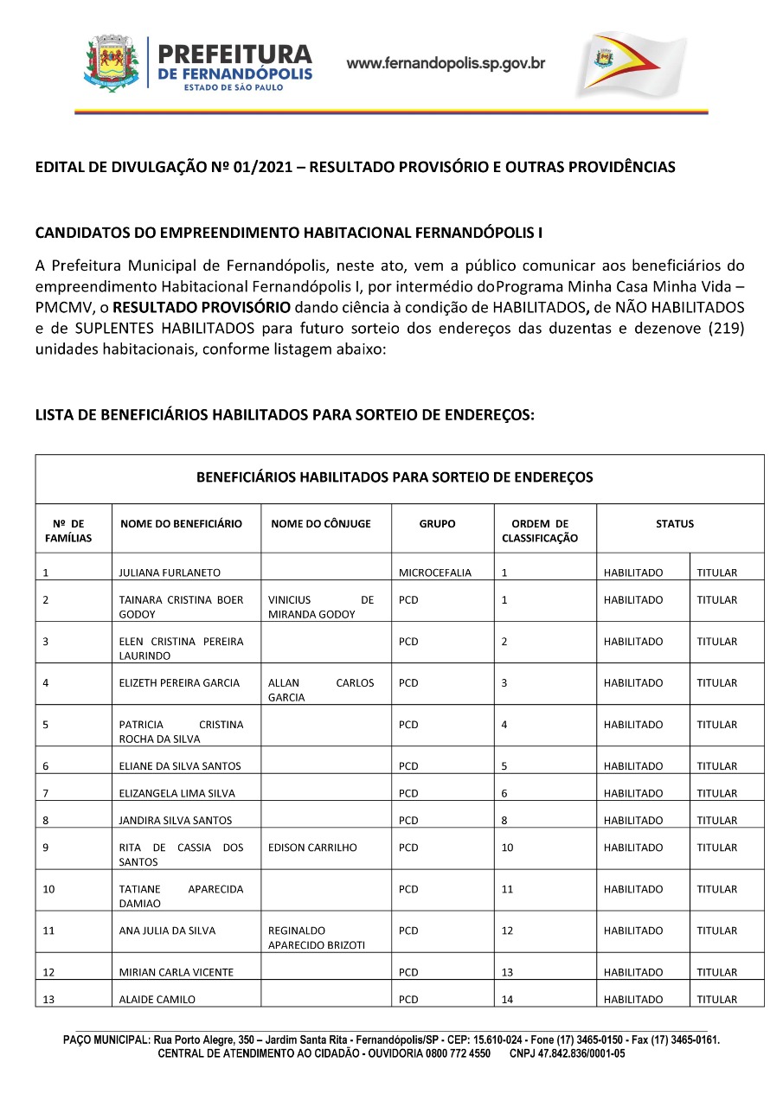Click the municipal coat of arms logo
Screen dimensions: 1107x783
tap(112, 62)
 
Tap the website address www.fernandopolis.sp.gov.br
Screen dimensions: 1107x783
tap(446, 63)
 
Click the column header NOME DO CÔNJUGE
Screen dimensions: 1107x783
tap(320, 523)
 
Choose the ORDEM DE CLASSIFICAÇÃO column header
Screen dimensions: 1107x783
tap(540, 530)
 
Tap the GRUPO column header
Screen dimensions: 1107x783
tap(437, 523)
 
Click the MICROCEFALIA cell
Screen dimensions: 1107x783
tap(435, 573)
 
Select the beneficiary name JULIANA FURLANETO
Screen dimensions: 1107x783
tap(170, 573)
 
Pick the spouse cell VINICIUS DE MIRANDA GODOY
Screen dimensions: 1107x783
tap(321, 606)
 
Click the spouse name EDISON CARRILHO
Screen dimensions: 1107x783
tap(312, 848)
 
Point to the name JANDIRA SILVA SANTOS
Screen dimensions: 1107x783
tap(176, 820)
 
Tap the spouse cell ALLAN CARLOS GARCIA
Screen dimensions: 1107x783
tap(321, 689)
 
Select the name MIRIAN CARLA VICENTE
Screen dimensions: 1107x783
tap(176, 972)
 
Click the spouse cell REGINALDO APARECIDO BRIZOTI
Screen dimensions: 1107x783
tap(317, 937)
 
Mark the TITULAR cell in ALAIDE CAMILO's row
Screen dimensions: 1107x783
tap(717, 999)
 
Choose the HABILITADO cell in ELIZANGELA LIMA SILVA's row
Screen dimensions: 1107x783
tap(633, 793)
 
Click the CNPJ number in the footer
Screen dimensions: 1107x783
tap(567, 1053)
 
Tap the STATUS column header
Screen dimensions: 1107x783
tap(675, 523)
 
